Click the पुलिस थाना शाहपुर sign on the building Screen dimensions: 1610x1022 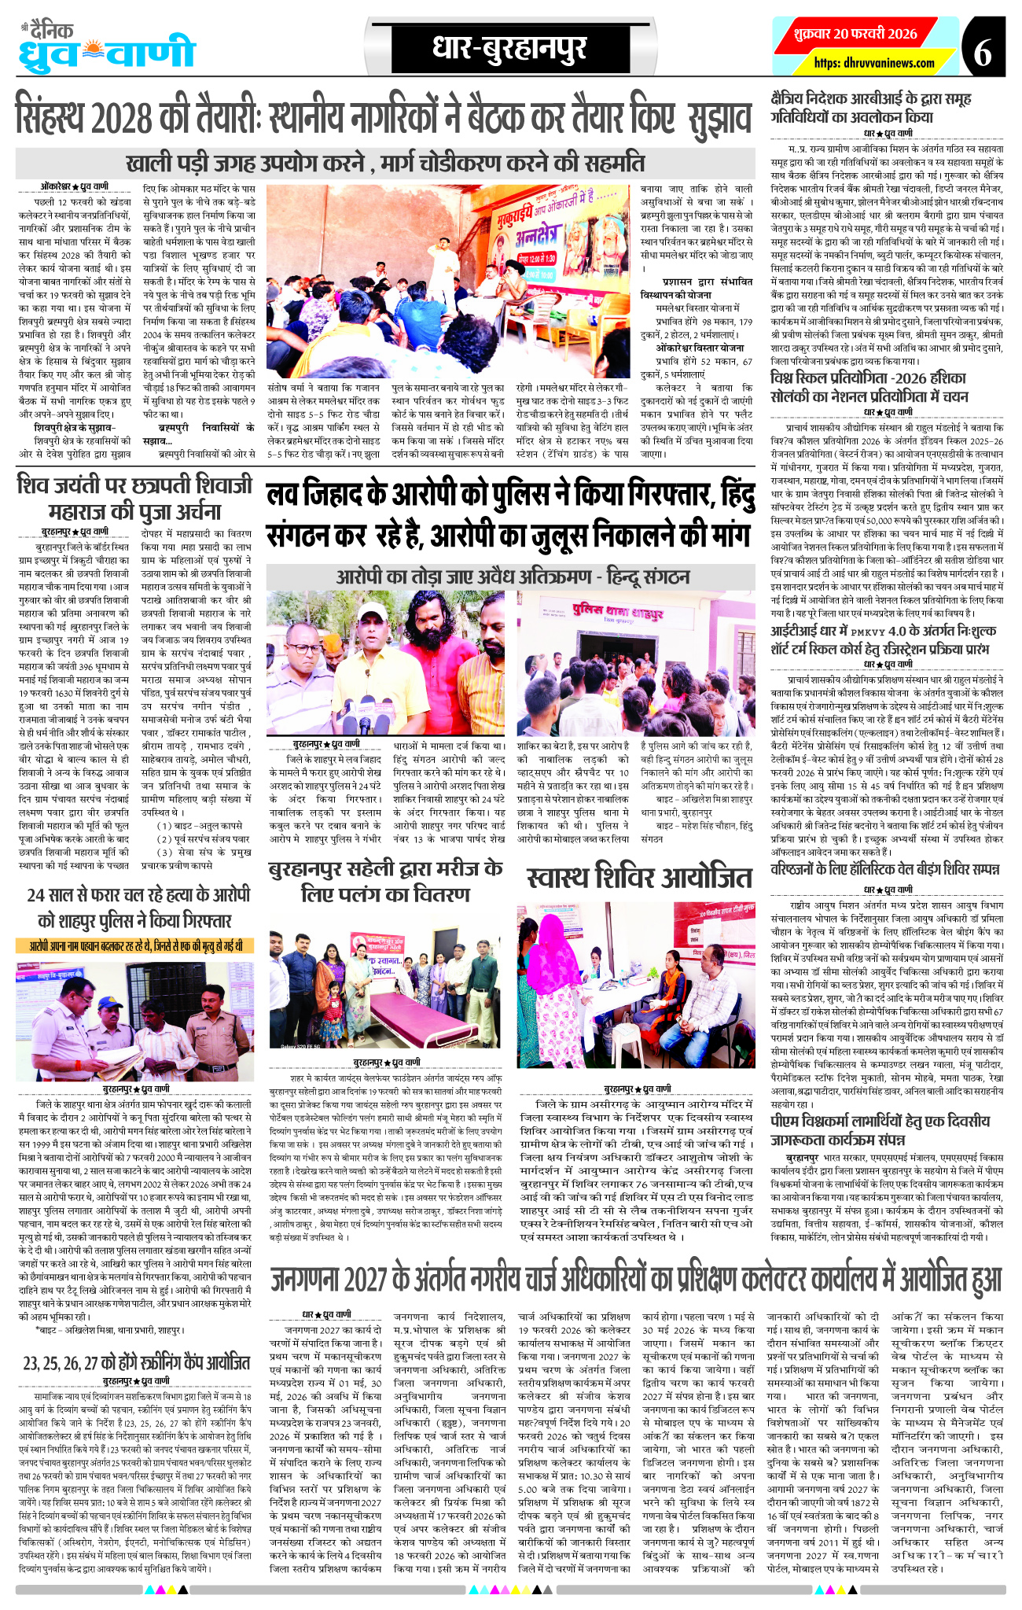coord(605,609)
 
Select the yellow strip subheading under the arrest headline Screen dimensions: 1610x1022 coord(135,945)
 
